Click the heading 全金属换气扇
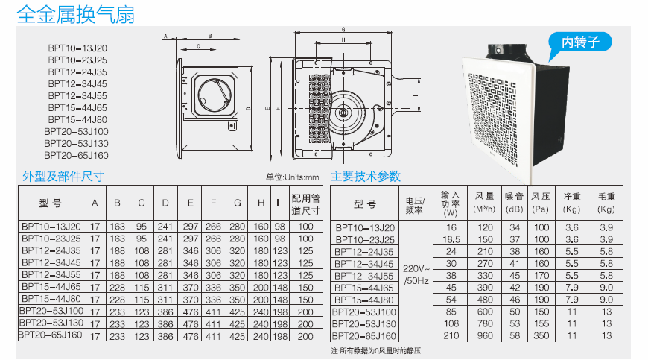pyautogui.click(x=75, y=14)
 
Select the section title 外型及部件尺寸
pyautogui.click(x=63, y=177)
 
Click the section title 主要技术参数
pyautogui.click(x=366, y=177)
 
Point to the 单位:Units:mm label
pyautogui.click(x=292, y=177)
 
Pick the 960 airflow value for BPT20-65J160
pyautogui.click(x=486, y=336)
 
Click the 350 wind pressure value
pyautogui.click(x=541, y=336)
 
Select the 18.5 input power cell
pyautogui.click(x=451, y=240)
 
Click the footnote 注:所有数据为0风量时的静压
pyautogui.click(x=377, y=350)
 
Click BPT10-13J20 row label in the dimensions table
pyautogui.click(x=51, y=227)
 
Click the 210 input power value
pyautogui.click(x=451, y=336)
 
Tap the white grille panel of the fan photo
pyautogui.click(x=506, y=119)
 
